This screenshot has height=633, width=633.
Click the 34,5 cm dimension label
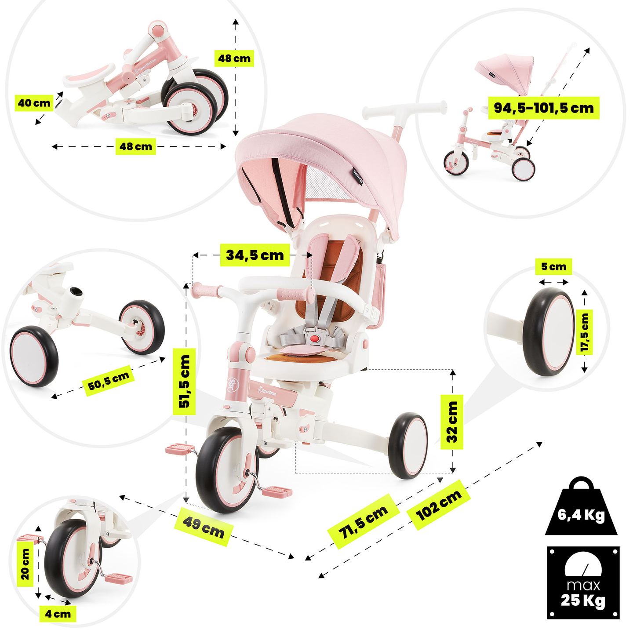(255, 255)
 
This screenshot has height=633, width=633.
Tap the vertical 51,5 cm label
(184, 381)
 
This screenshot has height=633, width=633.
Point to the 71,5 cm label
(363, 521)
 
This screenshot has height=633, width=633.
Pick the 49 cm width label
(204, 526)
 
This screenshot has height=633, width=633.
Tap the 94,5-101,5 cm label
(543, 108)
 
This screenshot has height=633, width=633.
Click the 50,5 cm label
(109, 381)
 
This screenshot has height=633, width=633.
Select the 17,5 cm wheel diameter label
(584, 332)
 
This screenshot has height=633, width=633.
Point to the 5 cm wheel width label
(553, 267)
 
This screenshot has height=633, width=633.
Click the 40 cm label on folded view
(34, 103)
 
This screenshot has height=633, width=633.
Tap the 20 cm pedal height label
(25, 564)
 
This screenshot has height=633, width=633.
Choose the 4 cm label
(58, 614)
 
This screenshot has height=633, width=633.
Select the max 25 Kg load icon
(583, 582)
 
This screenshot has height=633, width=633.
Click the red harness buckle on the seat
(314, 338)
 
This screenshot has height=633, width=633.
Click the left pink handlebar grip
(207, 291)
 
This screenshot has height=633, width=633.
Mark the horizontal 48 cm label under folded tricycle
(136, 146)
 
